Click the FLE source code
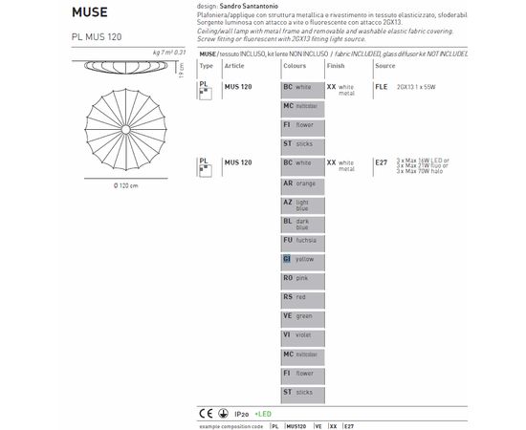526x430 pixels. (x=382, y=85)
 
